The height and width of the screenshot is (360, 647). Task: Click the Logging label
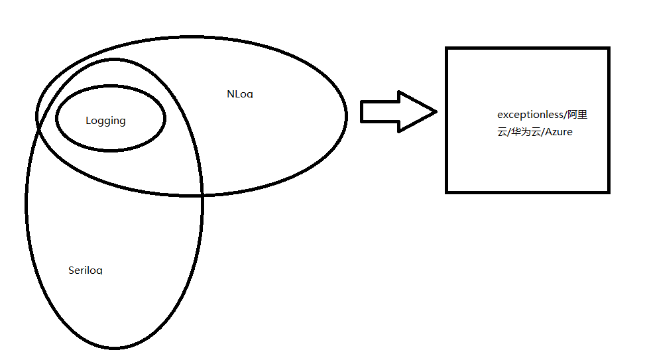point(105,121)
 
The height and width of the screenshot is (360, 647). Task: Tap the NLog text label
point(239,94)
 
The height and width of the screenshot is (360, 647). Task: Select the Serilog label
point(86,270)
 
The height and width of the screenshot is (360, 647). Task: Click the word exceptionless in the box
point(528,115)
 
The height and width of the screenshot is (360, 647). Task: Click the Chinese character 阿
point(570,115)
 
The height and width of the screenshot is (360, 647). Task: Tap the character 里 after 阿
point(582,115)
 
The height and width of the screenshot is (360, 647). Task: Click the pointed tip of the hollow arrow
point(436,111)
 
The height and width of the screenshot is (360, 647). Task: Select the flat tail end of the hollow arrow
point(361,111)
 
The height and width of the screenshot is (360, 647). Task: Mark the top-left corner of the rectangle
point(447,48)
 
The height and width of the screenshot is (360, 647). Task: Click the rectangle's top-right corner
point(608,48)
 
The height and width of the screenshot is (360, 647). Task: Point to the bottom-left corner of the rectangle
point(447,192)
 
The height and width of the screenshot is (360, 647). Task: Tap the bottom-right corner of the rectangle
point(608,192)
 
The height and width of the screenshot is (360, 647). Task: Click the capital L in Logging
point(88,121)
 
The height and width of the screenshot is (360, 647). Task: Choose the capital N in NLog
point(230,94)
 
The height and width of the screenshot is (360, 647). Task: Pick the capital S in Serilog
point(71,270)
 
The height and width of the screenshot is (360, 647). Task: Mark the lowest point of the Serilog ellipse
point(114,347)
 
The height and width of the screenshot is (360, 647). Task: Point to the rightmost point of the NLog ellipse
point(346,116)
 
